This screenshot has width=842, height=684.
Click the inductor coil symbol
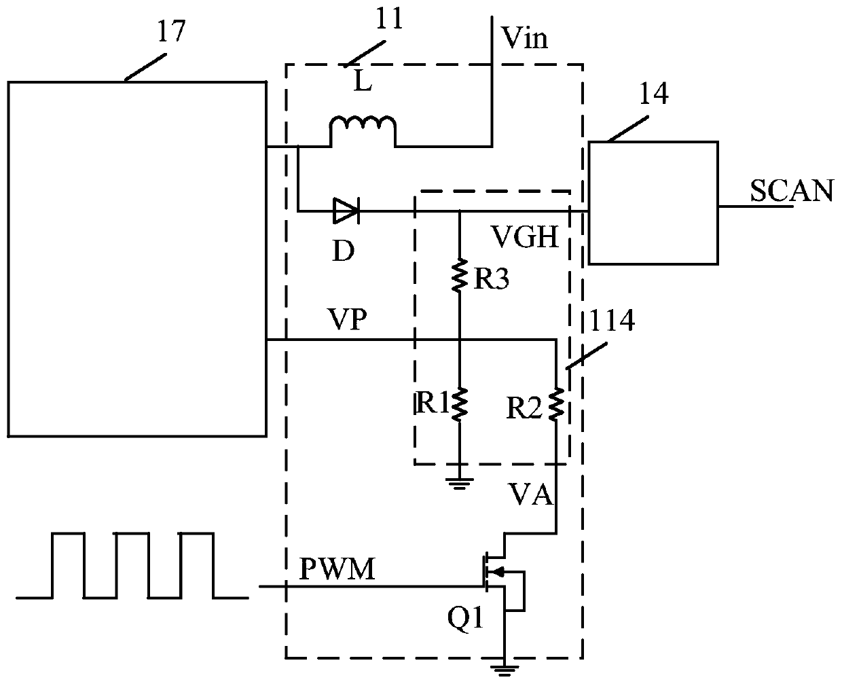[x=363, y=131]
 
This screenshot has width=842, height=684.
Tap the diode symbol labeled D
[x=346, y=211]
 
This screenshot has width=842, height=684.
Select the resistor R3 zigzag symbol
[x=459, y=276]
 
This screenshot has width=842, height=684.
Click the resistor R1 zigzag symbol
[x=459, y=404]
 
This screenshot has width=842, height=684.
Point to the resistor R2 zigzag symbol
[x=556, y=404]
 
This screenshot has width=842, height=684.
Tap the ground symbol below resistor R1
[x=459, y=484]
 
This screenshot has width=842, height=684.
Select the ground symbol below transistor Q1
[x=504, y=670]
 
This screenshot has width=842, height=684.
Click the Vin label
[x=524, y=38]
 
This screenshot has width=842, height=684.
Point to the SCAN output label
[x=792, y=191]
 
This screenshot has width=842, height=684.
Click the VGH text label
[x=525, y=237]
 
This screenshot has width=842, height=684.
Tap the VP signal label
[x=348, y=319]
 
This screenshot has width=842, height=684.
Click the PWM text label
[x=337, y=569]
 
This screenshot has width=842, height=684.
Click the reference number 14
[x=654, y=93]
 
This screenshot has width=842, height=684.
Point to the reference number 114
[x=612, y=320]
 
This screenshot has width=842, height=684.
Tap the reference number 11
[x=389, y=18]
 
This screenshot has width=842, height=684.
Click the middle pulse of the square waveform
[x=132, y=565]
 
